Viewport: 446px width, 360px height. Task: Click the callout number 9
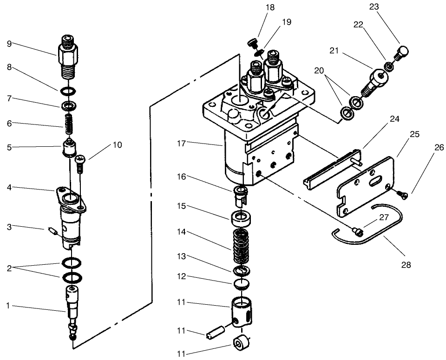9,44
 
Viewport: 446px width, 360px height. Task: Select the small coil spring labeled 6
69,122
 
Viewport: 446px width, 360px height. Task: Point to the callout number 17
182,144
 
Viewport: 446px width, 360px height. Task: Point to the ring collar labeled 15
240,217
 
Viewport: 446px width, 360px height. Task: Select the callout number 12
182,276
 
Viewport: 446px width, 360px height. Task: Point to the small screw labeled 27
357,230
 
